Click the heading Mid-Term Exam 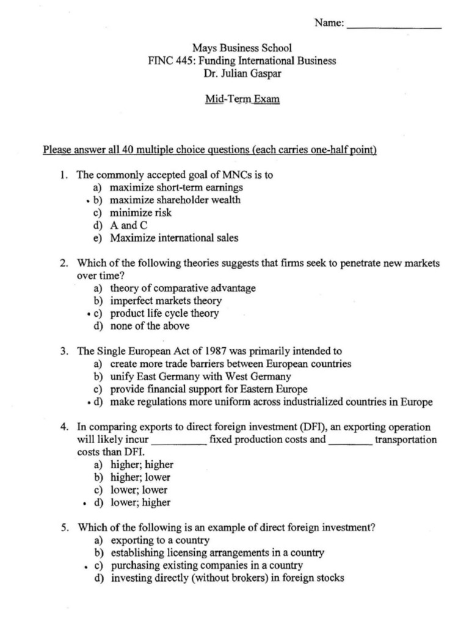click(x=242, y=98)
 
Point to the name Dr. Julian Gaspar click(x=242, y=74)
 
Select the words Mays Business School click(x=242, y=48)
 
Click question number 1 click(x=63, y=175)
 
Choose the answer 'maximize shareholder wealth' click(x=175, y=200)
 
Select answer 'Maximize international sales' click(x=174, y=238)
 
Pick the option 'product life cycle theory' click(x=164, y=314)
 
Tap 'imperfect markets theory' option click(x=165, y=301)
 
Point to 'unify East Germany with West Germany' click(x=200, y=377)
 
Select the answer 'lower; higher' click(x=140, y=503)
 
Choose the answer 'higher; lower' click(x=140, y=477)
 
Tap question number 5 click(x=63, y=528)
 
